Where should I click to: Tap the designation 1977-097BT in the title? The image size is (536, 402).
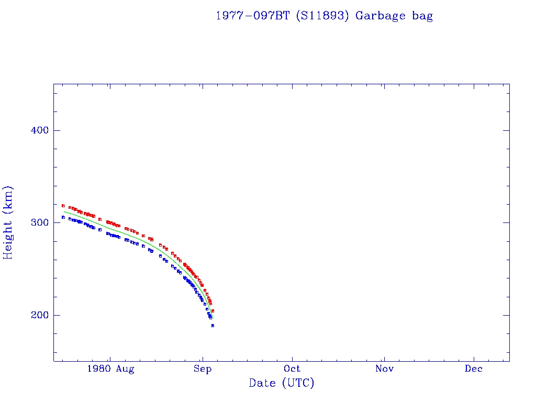pos(253,16)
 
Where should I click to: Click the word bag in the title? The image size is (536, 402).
pos(422,16)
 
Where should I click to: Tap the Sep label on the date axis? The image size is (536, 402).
pos(202,369)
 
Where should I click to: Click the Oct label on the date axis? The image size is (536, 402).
pos(292,369)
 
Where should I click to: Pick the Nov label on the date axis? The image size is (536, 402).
pos(384,369)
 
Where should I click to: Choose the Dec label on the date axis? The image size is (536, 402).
pos(474,369)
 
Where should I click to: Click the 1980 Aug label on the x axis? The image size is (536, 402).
pos(110,369)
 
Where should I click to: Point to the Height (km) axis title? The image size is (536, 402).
pos(8,222)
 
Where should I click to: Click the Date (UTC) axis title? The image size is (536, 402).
pos(282,383)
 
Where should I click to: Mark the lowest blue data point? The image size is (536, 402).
pos(213,326)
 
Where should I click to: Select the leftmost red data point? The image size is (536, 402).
pos(63,206)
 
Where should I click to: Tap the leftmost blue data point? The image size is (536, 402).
pos(63,217)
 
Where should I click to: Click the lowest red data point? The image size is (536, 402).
pos(213,311)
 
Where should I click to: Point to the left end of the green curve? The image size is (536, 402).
pos(64,211)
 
